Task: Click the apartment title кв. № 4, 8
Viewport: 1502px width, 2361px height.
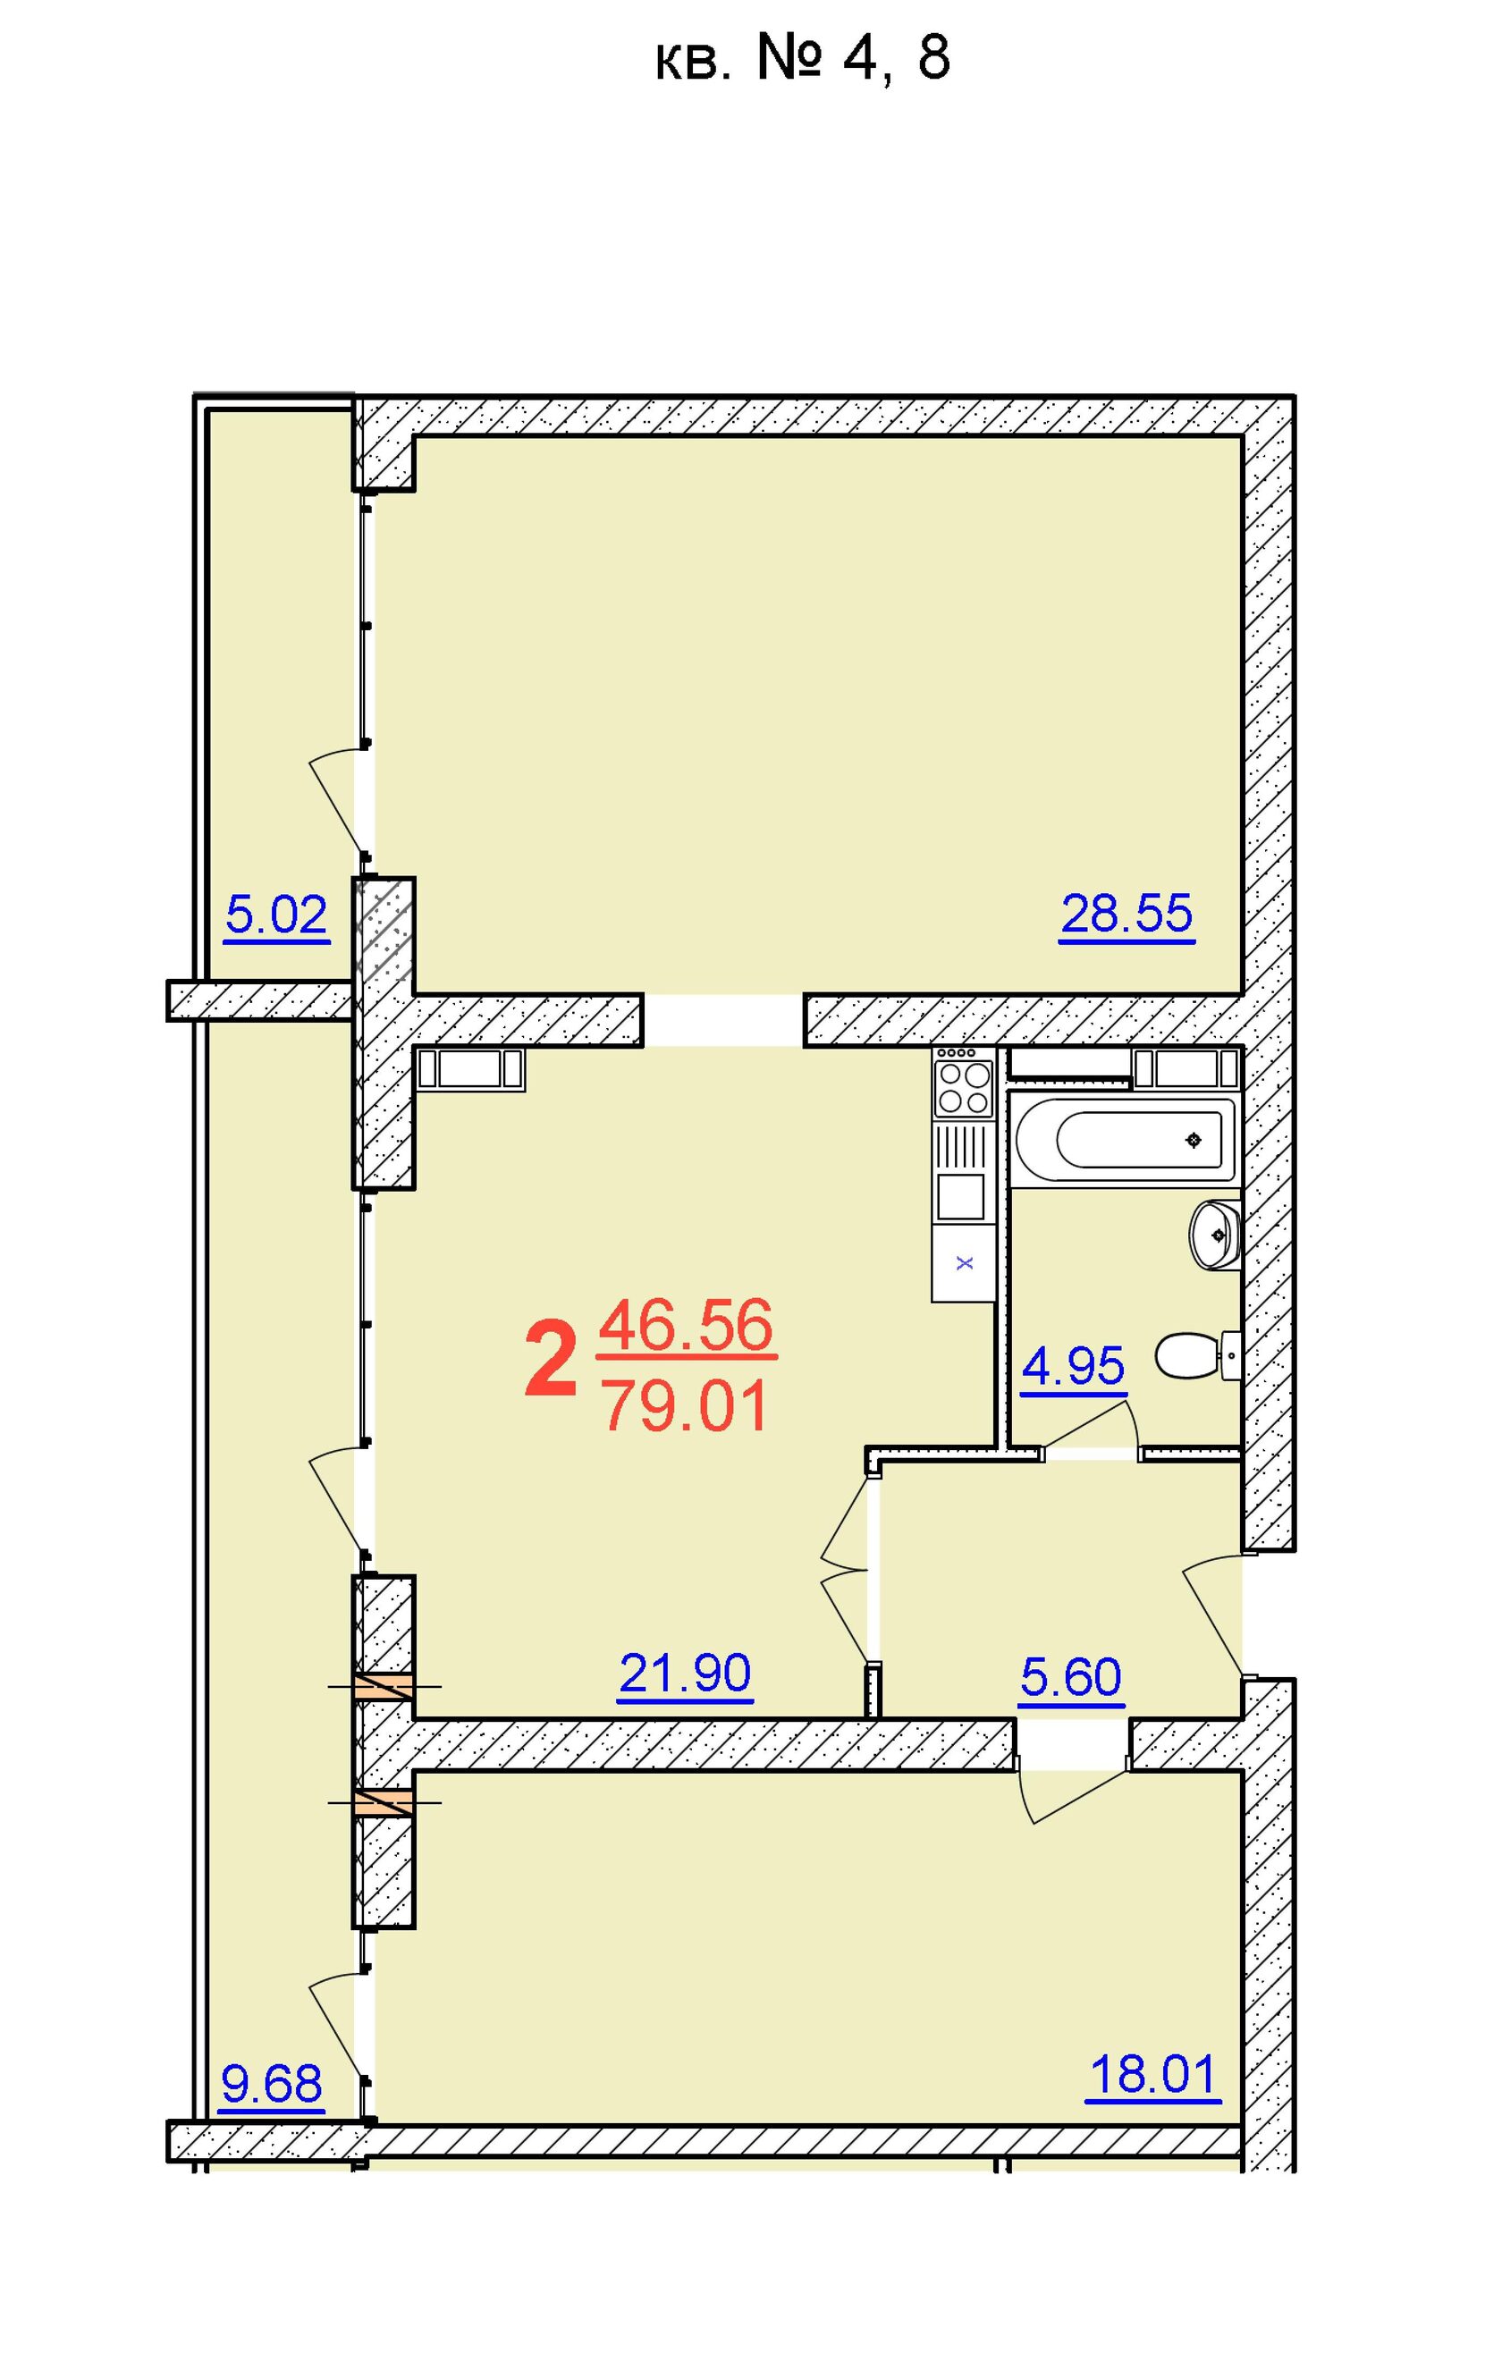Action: tap(801, 58)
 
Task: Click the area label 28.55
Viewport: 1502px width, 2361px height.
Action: tap(1126, 914)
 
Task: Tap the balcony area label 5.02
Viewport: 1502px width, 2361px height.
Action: tap(276, 915)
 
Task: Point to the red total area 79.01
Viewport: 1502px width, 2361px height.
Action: tap(687, 1407)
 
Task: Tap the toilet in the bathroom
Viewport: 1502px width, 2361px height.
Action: tap(1198, 1356)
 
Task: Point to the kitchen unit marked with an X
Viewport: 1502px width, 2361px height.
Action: tap(964, 1263)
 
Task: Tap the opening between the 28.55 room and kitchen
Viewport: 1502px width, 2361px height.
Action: tap(723, 1021)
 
